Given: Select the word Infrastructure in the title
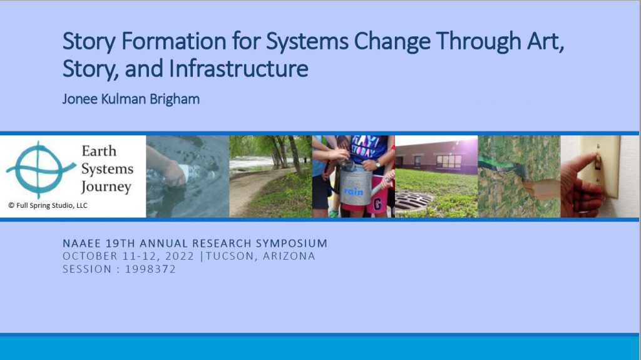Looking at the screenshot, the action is [238, 68].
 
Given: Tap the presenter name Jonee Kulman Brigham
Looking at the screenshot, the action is [131, 99].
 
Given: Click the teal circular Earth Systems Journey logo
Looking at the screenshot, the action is [40, 169].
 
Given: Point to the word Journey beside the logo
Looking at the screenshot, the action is [106, 187].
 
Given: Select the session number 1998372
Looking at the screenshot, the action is [150, 269].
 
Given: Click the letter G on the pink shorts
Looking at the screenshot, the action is [377, 204].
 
